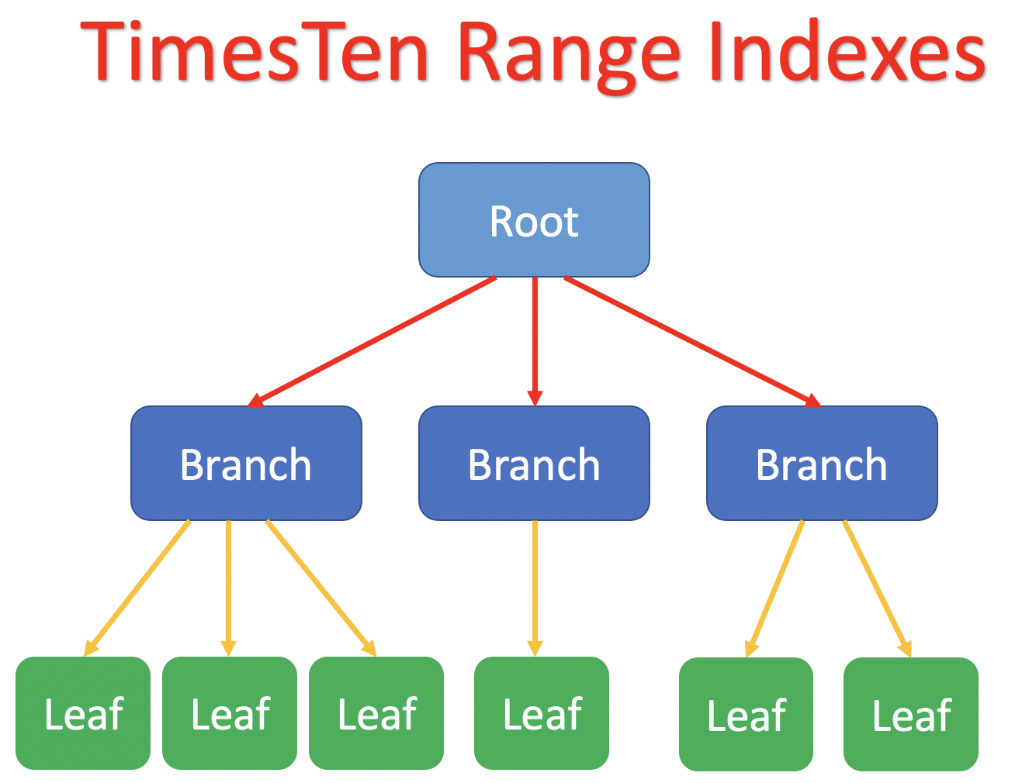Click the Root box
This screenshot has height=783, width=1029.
[x=534, y=220]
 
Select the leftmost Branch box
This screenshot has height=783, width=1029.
[x=246, y=464]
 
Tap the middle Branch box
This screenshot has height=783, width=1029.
[x=534, y=464]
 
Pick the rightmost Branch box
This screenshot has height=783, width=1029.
[x=822, y=464]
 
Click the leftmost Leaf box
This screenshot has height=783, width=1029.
[x=83, y=713]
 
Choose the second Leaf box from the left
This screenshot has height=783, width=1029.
[x=230, y=713]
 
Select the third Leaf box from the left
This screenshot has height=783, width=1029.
[x=376, y=713]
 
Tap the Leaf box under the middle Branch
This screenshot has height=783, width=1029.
[x=542, y=713]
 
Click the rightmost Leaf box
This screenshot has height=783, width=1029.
[x=911, y=715]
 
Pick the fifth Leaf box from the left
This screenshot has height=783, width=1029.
[x=747, y=715]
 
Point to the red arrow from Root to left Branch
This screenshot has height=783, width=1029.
[x=372, y=341]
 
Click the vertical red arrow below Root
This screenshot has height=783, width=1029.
[x=535, y=341]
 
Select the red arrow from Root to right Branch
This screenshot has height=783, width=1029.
[x=691, y=341]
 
